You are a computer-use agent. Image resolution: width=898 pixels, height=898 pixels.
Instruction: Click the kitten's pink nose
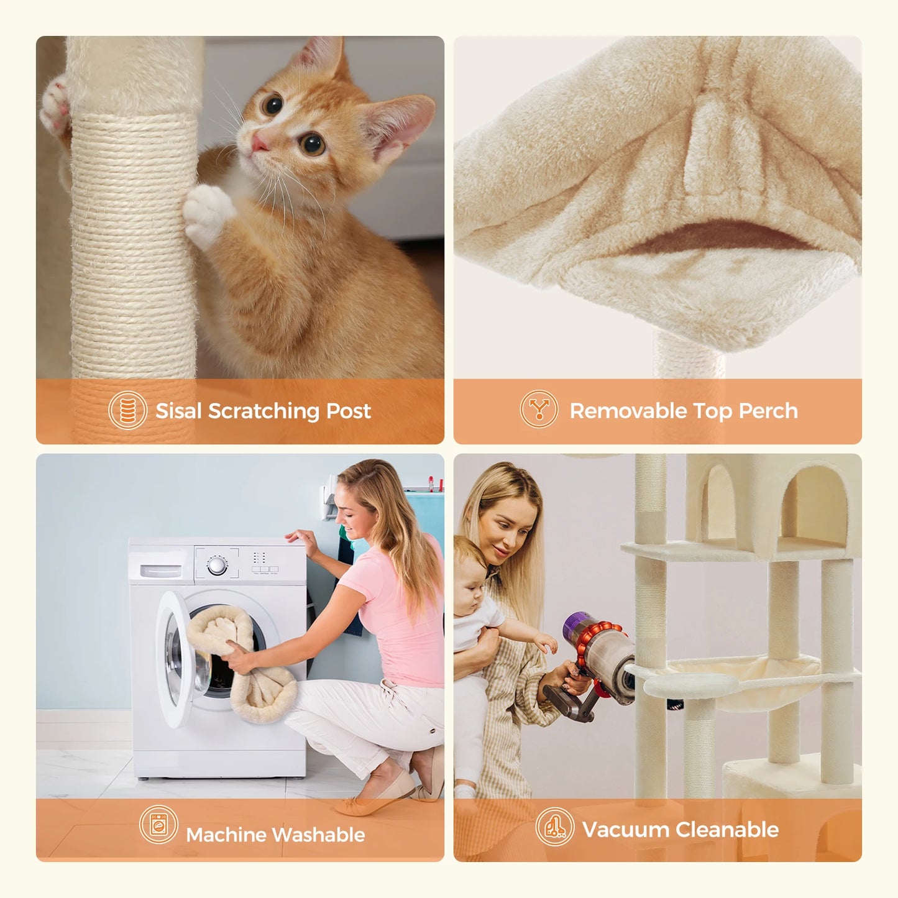pos(259,144)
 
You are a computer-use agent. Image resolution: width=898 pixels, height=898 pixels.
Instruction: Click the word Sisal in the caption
pos(179,411)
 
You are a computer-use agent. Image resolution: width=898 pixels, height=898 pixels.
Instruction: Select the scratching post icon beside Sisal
pos(127,410)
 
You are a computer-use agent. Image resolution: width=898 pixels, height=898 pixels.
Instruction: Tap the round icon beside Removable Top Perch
pos(539,409)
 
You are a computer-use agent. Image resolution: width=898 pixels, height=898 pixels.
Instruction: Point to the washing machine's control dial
pos(217,566)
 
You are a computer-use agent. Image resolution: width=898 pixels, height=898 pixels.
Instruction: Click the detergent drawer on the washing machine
pos(161,570)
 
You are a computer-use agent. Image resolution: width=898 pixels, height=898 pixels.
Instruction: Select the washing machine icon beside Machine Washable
pos(158,825)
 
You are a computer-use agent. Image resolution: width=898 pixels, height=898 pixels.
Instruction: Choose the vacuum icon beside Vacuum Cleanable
pos(554,827)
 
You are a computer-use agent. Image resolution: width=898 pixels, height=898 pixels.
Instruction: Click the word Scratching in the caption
pos(263,411)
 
